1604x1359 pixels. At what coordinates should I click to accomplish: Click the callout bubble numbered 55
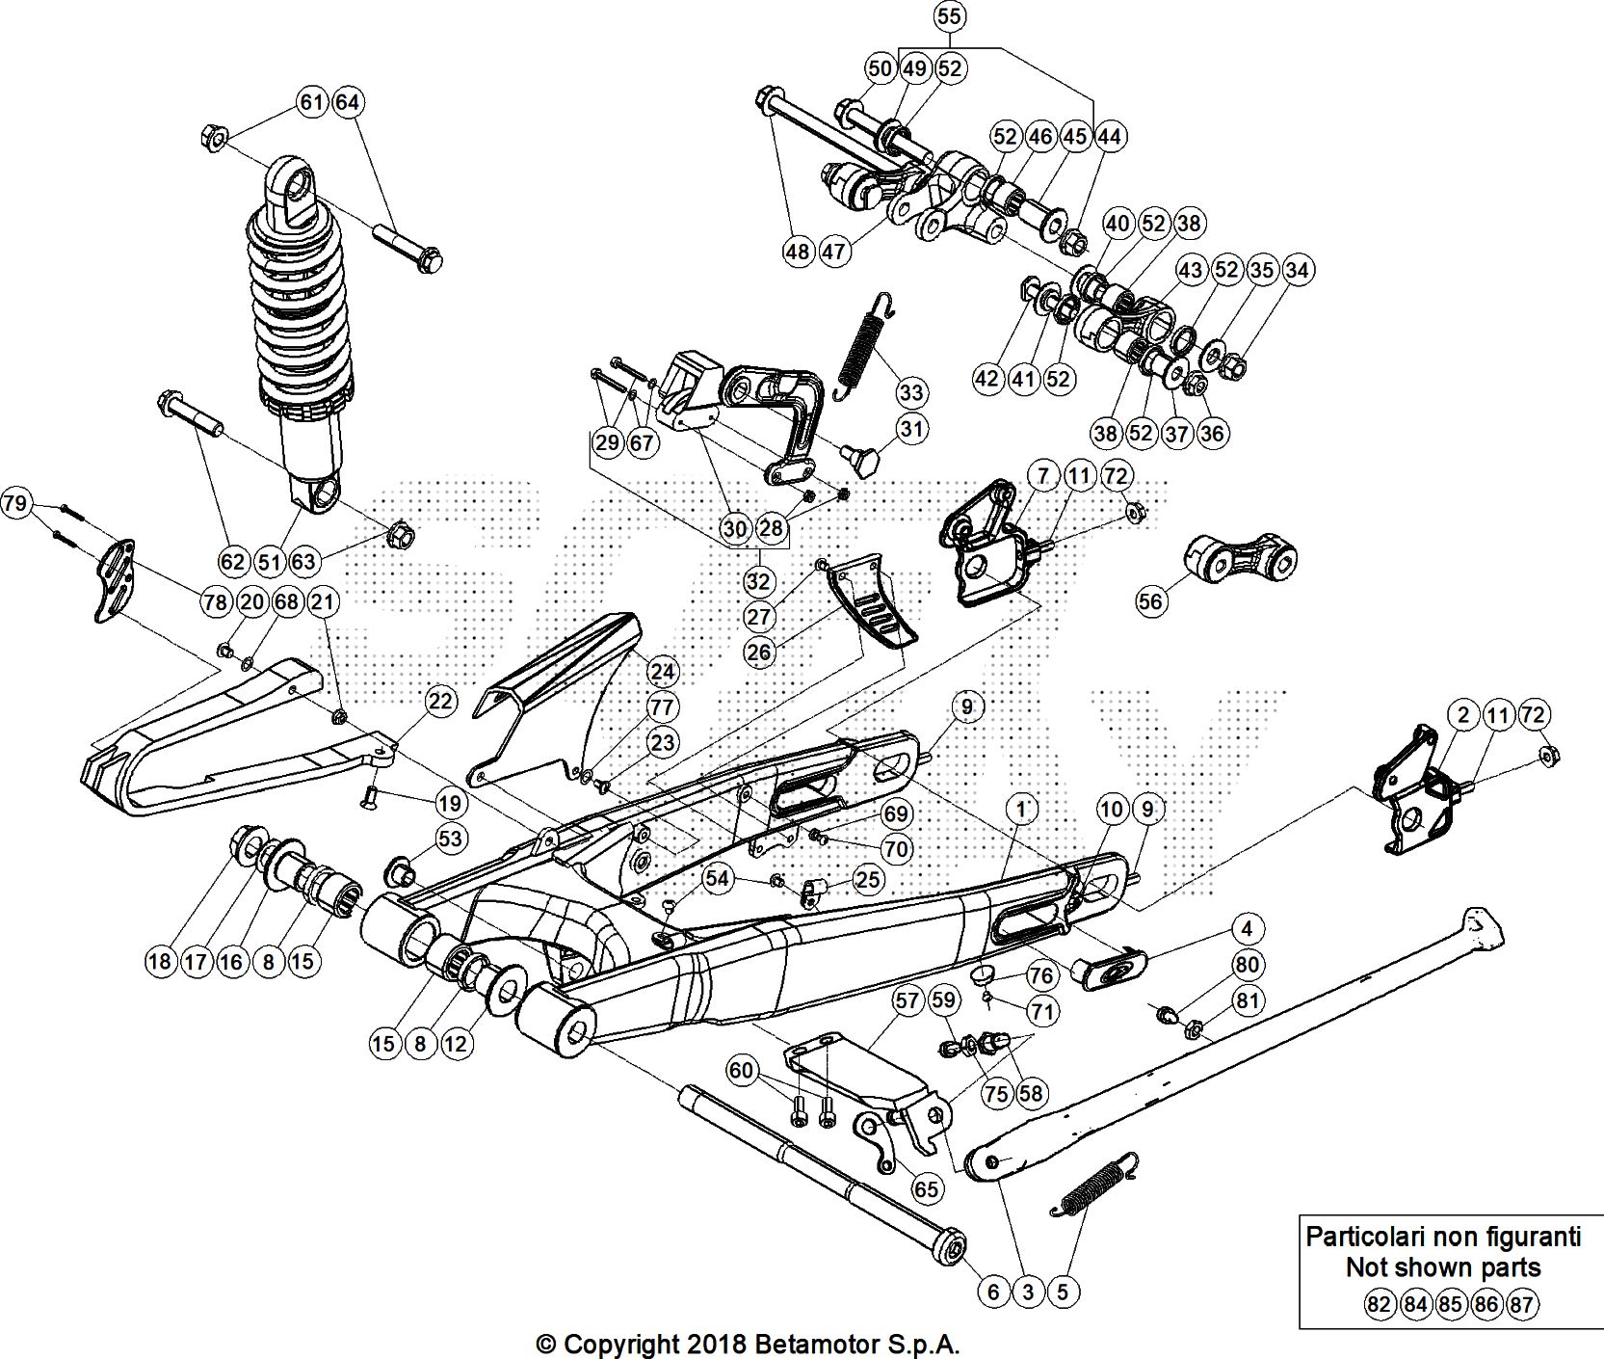tap(949, 16)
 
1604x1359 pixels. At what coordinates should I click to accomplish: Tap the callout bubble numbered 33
tap(911, 392)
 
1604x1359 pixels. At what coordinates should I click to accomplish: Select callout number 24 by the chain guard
tap(662, 671)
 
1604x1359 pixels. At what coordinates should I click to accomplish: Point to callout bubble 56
tap(1150, 601)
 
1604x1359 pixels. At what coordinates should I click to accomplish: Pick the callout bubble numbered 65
tap(926, 1189)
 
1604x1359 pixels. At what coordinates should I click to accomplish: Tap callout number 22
tap(440, 702)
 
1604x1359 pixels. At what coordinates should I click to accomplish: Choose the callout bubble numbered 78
tap(215, 602)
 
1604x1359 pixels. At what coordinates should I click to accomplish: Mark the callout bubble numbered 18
tap(160, 961)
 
